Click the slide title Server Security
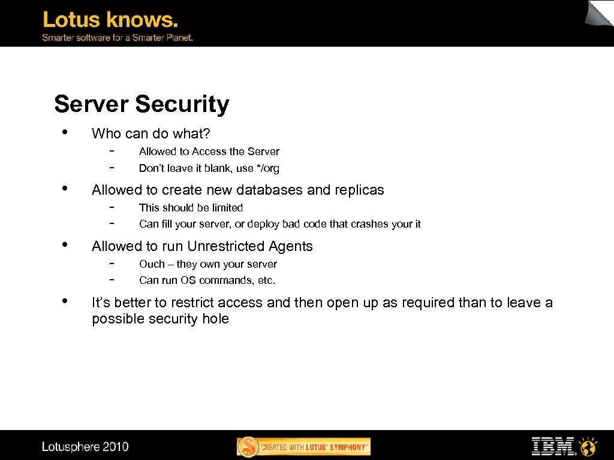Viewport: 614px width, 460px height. click(142, 104)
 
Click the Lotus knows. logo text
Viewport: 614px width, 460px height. click(110, 20)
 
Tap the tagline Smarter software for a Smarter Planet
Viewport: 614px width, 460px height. click(117, 37)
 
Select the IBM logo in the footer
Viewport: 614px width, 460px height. click(553, 446)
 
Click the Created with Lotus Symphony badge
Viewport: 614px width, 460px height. click(304, 447)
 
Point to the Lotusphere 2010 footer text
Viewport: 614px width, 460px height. click(85, 447)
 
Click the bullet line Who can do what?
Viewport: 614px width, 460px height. click(155, 134)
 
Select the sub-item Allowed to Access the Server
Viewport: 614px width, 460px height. click(209, 152)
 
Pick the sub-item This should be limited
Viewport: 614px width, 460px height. click(191, 208)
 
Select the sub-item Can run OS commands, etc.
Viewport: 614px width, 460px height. click(207, 280)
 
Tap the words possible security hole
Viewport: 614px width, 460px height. click(160, 319)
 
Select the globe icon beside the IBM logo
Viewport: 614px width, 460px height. click(589, 446)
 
